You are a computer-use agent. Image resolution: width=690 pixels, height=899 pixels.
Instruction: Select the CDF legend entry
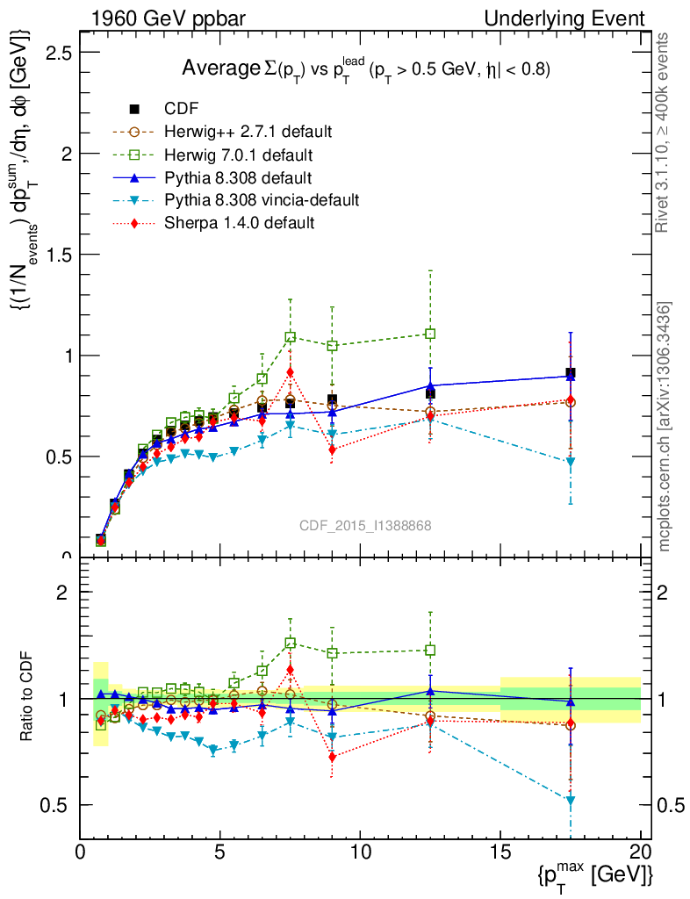pos(181,109)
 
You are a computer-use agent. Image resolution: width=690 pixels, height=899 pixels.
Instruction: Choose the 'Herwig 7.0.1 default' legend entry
pos(239,155)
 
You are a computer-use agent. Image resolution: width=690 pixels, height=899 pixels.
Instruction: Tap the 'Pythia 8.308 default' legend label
pos(237,177)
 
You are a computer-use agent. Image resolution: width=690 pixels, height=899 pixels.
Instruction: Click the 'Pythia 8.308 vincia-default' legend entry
pos(262,200)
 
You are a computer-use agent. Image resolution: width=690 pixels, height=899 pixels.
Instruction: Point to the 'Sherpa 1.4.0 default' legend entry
pos(239,223)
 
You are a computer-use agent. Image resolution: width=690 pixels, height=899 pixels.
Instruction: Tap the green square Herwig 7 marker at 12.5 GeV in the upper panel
pos(430,334)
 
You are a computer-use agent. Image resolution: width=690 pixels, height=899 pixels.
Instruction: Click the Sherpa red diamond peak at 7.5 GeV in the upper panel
pos(290,371)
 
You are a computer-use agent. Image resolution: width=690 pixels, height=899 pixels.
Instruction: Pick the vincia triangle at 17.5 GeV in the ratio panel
pos(571,801)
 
